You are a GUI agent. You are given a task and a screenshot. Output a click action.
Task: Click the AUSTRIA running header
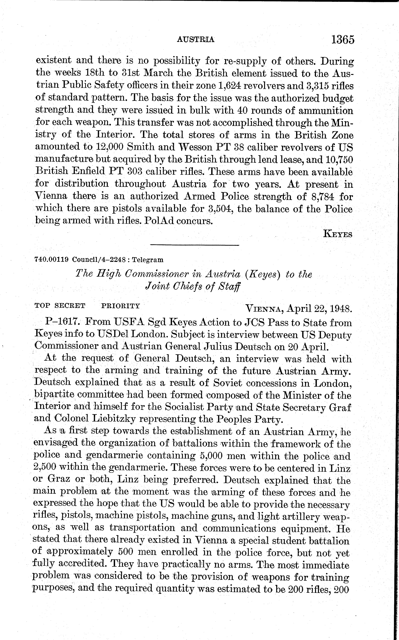(x=196, y=40)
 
